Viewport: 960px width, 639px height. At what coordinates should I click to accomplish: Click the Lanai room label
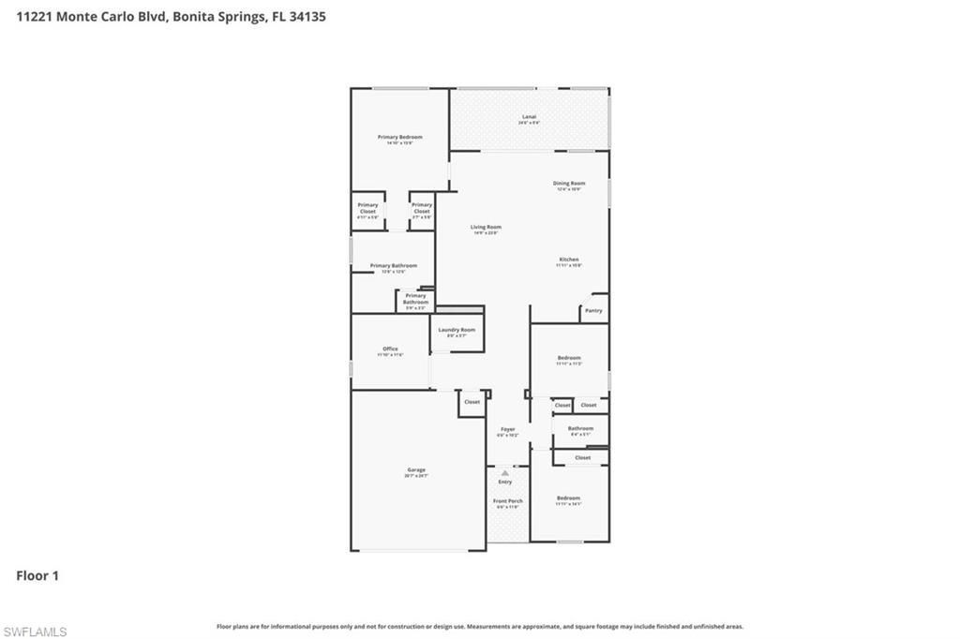[x=531, y=117]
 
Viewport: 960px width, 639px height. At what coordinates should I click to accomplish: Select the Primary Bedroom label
[x=400, y=138]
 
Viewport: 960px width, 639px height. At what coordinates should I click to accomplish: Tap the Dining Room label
[x=569, y=184]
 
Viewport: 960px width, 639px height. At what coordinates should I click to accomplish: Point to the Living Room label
[x=486, y=228]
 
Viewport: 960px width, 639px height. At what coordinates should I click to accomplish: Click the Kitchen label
[x=569, y=260]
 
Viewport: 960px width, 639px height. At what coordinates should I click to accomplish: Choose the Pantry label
[x=593, y=310]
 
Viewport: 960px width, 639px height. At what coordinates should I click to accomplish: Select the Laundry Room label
[x=457, y=330]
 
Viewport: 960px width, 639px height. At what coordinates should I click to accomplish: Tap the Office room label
[x=390, y=349]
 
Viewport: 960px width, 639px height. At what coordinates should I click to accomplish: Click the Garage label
[x=416, y=470]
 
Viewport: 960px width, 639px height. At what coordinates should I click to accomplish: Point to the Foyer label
[x=507, y=430]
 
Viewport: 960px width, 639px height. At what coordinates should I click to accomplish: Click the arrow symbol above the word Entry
[x=505, y=473]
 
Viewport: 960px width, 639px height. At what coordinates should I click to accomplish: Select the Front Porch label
[x=508, y=501]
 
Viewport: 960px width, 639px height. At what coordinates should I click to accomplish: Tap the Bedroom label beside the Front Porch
[x=568, y=498]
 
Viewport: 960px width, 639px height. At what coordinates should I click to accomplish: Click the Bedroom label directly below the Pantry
[x=569, y=358]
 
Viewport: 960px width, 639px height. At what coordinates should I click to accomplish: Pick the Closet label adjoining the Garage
[x=472, y=402]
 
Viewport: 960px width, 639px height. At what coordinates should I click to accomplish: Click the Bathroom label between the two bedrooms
[x=580, y=429]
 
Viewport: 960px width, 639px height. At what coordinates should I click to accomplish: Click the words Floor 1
[x=37, y=576]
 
